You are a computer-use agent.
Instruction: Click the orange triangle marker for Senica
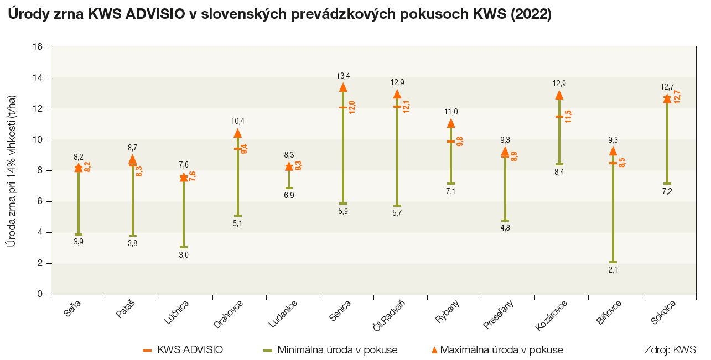tap(343, 87)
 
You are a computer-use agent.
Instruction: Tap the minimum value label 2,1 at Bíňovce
tap(613, 270)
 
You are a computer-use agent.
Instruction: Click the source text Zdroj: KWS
tap(670, 349)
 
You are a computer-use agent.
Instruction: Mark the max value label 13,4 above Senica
tap(343, 75)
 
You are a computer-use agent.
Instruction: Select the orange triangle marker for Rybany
tap(451, 123)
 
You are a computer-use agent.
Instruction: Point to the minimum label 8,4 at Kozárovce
tap(559, 173)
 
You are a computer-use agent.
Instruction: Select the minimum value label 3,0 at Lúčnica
tap(184, 255)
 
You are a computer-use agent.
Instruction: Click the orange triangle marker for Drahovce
tap(238, 133)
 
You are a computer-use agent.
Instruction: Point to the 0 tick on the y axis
tap(40, 294)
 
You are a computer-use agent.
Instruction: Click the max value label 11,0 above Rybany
tap(451, 112)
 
